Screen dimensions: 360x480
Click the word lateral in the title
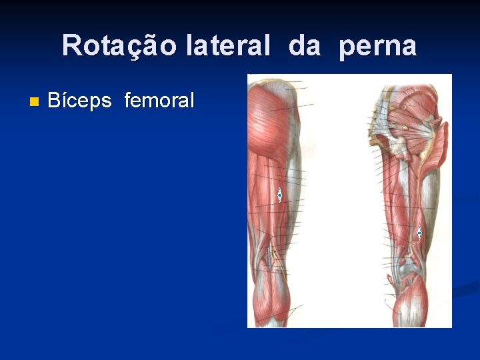(229, 46)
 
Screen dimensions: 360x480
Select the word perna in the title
(377, 46)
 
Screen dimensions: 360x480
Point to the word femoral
(159, 101)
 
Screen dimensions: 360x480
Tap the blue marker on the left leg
(281, 195)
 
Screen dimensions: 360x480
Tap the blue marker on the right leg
(419, 233)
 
